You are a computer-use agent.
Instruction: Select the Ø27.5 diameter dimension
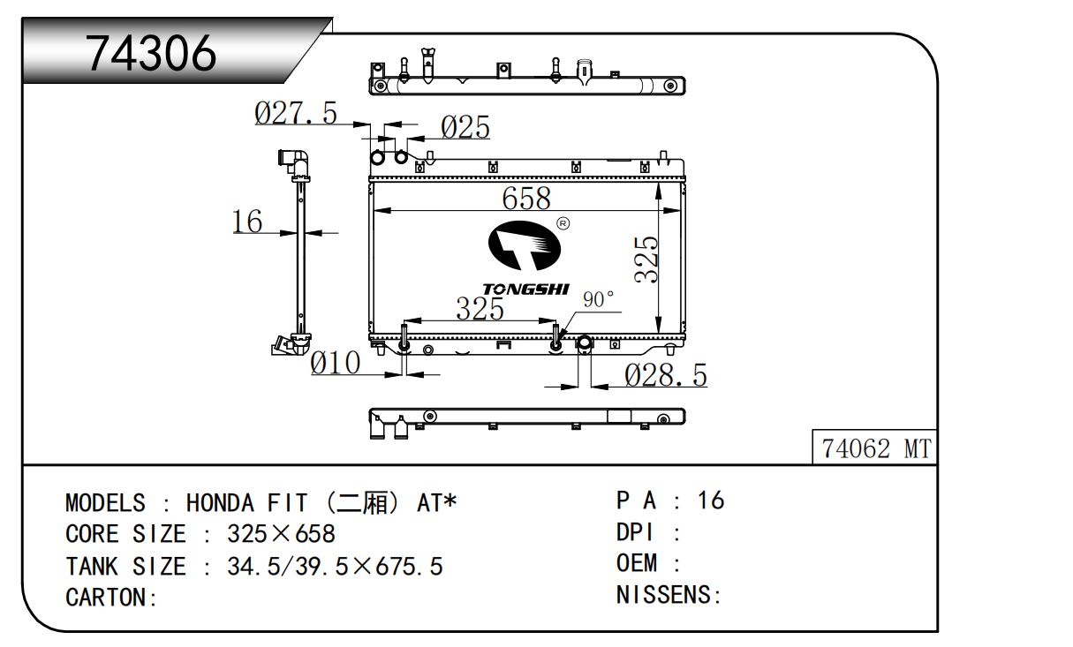[x=296, y=113]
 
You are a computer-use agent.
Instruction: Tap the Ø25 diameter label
[x=465, y=129]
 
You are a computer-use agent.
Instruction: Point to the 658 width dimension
[x=526, y=199]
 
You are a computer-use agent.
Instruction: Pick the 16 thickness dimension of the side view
[x=248, y=222]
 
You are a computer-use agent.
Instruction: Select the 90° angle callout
[x=598, y=300]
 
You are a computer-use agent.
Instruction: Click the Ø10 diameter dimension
[x=336, y=363]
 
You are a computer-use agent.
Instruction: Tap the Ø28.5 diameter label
[x=666, y=376]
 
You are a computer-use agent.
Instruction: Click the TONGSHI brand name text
[x=526, y=289]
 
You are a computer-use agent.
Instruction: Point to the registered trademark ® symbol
[x=563, y=223]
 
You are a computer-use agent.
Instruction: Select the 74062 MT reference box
[x=875, y=449]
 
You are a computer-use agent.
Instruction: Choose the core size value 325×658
[x=281, y=535]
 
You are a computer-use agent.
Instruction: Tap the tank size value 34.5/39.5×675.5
[x=335, y=567]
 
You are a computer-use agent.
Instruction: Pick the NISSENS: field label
[x=669, y=596]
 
